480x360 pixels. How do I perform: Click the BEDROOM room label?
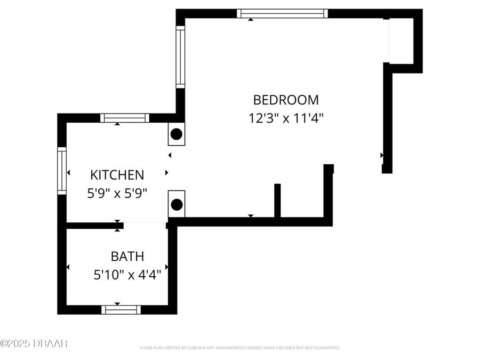click(x=285, y=100)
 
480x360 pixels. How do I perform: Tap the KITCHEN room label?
click(x=117, y=175)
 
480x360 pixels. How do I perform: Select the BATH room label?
click(x=127, y=257)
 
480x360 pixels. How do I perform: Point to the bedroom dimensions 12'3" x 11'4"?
click(x=286, y=118)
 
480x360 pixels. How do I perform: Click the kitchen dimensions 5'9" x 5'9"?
click(x=117, y=193)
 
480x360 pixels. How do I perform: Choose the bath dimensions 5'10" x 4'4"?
click(x=127, y=275)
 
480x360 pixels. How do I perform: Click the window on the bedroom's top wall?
click(x=282, y=14)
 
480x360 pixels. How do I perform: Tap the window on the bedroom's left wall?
click(x=180, y=57)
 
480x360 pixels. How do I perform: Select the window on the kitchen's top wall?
click(x=124, y=118)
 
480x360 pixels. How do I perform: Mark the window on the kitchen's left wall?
click(x=62, y=171)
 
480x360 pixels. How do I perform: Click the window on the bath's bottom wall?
click(x=121, y=309)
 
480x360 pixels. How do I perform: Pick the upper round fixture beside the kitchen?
click(x=177, y=134)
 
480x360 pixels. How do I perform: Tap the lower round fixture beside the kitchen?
click(x=177, y=204)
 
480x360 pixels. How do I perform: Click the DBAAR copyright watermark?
click(x=34, y=343)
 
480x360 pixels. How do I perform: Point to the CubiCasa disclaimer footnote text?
click(x=239, y=348)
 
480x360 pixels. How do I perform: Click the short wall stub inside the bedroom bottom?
click(x=277, y=201)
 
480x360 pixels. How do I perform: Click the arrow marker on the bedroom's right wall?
click(x=381, y=155)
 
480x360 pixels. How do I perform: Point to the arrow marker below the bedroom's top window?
click(x=251, y=20)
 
